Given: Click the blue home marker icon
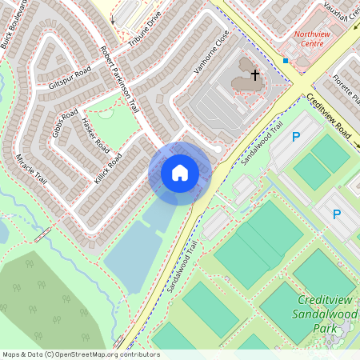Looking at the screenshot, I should click(x=180, y=173).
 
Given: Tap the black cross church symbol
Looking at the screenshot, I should click(x=255, y=75).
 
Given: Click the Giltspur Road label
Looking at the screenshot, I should click(x=70, y=72).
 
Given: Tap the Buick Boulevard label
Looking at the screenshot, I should click(x=14, y=24).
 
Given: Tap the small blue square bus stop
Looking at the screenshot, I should click(x=286, y=60).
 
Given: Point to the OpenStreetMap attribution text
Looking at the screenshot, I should click(x=80, y=354).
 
